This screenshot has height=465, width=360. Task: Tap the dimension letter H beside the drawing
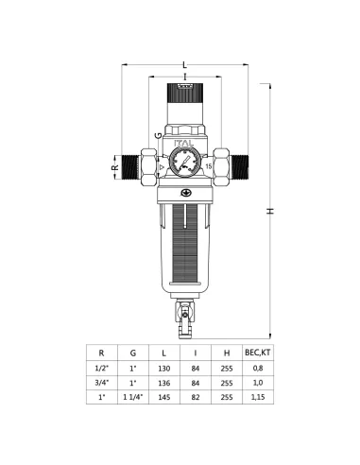[270, 211]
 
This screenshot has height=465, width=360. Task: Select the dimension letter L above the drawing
[185, 65]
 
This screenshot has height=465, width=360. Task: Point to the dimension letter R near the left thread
[115, 167]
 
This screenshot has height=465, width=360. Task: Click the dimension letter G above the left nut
[159, 135]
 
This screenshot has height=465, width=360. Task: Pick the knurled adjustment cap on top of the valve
[185, 93]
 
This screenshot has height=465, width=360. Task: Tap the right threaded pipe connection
[239, 167]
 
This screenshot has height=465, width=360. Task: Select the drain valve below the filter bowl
[185, 319]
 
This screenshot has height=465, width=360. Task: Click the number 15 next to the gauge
[209, 166]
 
